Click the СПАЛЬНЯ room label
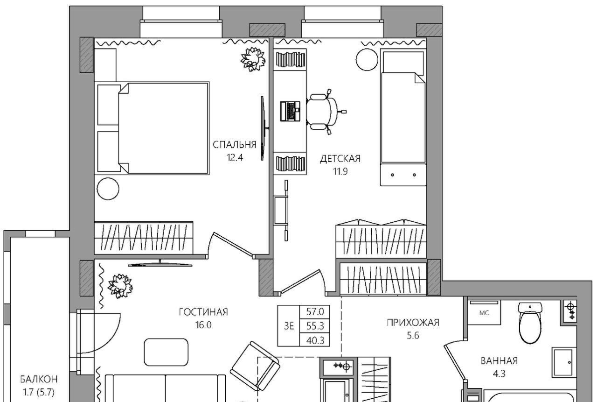click(x=235, y=145)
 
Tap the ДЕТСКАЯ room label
click(x=340, y=159)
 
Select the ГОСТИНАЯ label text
click(x=203, y=312)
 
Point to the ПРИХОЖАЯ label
click(x=413, y=323)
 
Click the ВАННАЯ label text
click(x=499, y=361)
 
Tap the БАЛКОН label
click(x=39, y=379)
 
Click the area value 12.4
click(x=235, y=158)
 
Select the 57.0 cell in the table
click(x=315, y=311)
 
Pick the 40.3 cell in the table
click(x=315, y=340)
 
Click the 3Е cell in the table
click(x=289, y=326)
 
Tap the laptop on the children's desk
click(x=290, y=111)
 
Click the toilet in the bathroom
click(x=530, y=323)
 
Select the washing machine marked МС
click(x=484, y=312)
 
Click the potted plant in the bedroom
click(x=253, y=59)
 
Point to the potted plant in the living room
click(x=120, y=286)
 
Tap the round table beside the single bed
click(x=367, y=60)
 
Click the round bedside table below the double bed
click(x=108, y=189)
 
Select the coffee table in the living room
click(x=166, y=352)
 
